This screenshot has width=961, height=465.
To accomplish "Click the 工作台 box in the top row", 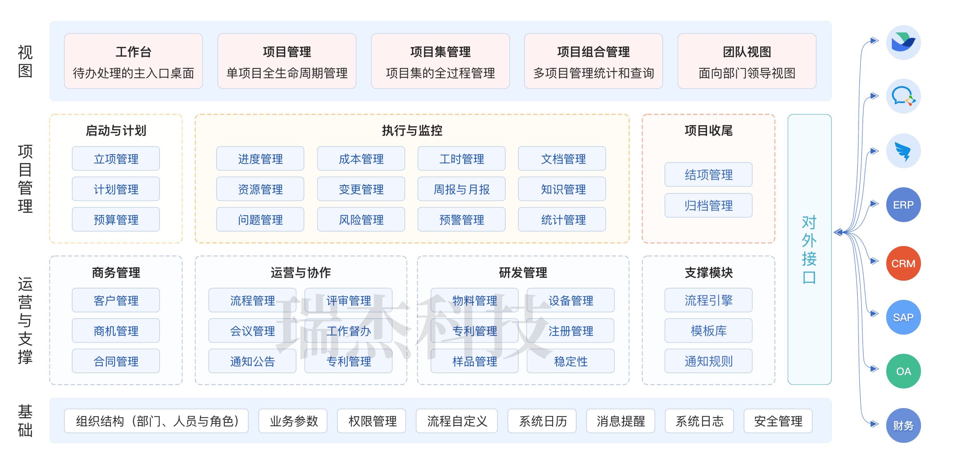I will pos(133,61).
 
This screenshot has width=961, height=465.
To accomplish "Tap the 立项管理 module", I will pos(116,159).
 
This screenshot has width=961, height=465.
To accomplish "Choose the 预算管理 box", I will pos(116,219).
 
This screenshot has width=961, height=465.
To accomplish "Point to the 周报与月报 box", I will pos(461,189).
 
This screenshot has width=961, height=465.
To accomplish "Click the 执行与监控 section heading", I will pos(412,131).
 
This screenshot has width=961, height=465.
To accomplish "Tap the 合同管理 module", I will pos(116,361).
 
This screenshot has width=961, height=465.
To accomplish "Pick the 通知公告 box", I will pos(252,361).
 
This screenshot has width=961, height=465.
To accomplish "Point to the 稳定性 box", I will pos(570,361).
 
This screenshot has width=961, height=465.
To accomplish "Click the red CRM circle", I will pos(903,263).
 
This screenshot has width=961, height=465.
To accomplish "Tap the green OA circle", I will pos(903,371).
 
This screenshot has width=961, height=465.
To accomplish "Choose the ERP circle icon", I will pos(903,205).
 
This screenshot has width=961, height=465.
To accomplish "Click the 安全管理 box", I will pos(778,421).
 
